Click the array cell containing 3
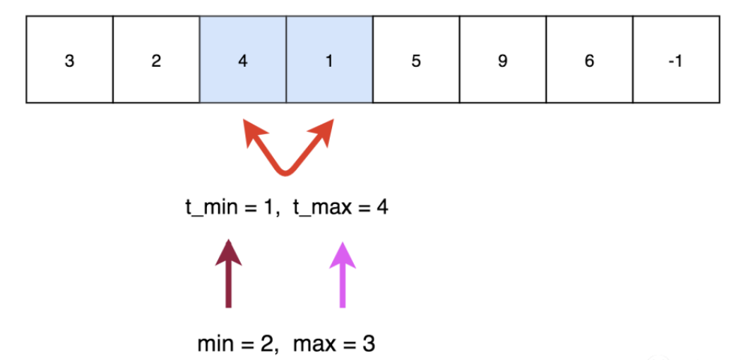tap(70, 59)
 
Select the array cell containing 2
tap(156, 59)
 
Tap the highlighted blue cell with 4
tap(243, 59)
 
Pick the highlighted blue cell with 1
tap(329, 59)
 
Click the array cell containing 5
tap(416, 59)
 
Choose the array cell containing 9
tap(503, 59)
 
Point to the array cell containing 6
tap(589, 59)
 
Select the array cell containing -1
tap(676, 59)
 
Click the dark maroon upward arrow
tap(229, 273)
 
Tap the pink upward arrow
tap(343, 274)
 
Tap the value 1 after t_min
tap(268, 208)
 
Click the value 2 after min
tap(267, 344)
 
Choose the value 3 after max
tap(369, 344)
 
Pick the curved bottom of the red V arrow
tap(286, 172)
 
